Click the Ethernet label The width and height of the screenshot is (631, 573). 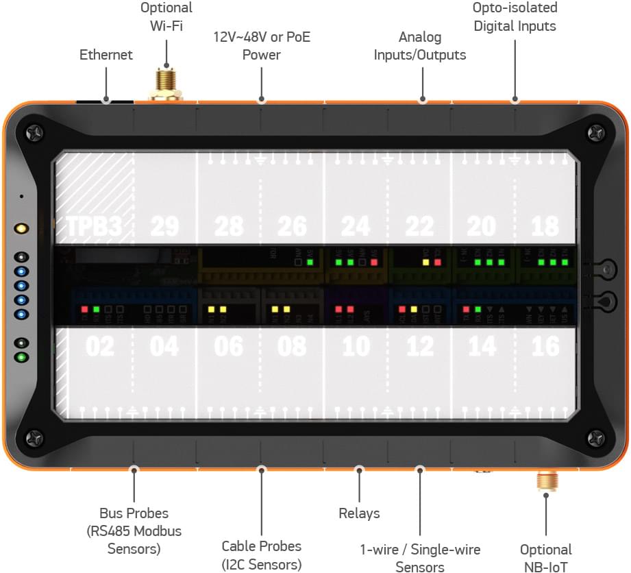(106, 55)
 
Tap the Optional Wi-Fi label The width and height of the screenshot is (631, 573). (166, 18)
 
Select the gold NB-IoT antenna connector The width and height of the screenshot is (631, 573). (546, 480)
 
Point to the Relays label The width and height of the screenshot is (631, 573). (359, 513)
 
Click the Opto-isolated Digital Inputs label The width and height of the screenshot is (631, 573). (515, 17)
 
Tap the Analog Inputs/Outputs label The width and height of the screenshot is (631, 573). (420, 46)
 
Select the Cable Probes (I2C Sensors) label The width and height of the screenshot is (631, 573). (261, 555)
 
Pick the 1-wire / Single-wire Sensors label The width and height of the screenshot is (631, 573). (420, 558)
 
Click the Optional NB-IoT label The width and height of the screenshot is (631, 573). (546, 558)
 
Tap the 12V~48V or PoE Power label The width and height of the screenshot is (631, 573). (261, 45)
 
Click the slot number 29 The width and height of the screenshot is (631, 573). (164, 226)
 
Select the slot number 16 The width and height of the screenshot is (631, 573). (545, 346)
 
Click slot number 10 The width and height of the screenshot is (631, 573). (356, 346)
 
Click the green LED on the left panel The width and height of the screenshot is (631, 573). (23, 356)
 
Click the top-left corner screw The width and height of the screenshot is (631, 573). (34, 131)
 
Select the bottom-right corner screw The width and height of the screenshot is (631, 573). (596, 437)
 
